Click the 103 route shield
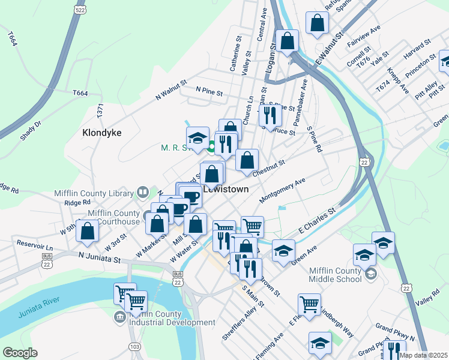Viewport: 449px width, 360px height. coord(134,347)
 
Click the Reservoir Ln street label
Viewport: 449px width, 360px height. coord(35,247)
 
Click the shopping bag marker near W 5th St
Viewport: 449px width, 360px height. coord(88,231)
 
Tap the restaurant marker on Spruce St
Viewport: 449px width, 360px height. coord(270,113)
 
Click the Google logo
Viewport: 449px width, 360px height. coord(20,353)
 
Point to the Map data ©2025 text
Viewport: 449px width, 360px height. coord(423,355)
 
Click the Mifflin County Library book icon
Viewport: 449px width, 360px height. coord(143,193)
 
